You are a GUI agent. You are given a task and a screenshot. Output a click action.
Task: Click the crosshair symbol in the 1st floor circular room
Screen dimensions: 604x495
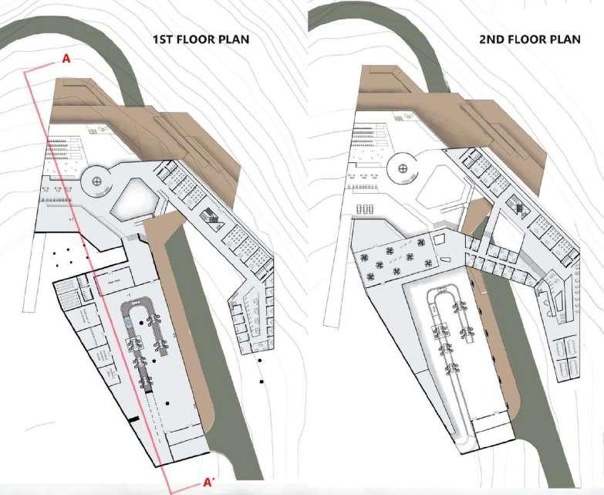[x=97, y=181]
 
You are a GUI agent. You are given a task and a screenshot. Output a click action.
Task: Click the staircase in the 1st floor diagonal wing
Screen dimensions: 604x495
[x=210, y=219]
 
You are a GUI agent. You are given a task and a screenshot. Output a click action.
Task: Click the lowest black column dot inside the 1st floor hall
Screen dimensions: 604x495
[x=167, y=403]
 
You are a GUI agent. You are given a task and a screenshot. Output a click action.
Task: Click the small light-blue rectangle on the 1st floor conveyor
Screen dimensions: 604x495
[x=135, y=303]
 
